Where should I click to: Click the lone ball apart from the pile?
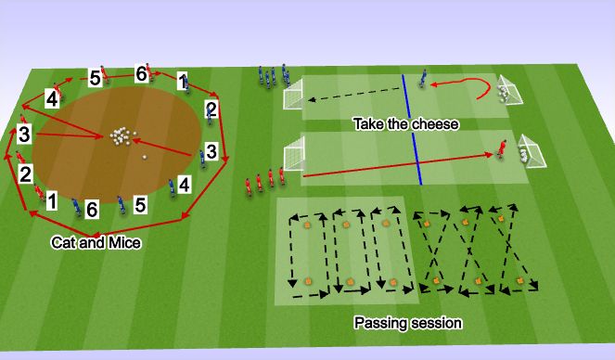click(144, 156)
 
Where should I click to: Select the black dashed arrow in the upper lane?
click(352, 96)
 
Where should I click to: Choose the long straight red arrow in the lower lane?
click(399, 164)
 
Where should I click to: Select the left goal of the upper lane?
click(294, 93)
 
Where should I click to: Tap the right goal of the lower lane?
click(533, 151)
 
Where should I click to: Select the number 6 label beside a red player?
click(141, 73)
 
